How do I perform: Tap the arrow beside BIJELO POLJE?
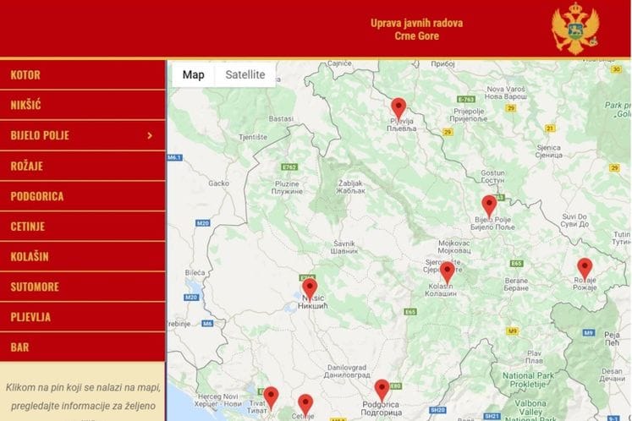(x=150, y=135)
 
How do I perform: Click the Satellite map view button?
(x=245, y=74)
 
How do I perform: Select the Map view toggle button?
(x=194, y=74)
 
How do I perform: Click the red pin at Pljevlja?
(x=398, y=108)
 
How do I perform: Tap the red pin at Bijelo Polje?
(x=489, y=205)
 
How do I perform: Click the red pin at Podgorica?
(x=382, y=389)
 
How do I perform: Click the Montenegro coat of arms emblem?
(x=576, y=28)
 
